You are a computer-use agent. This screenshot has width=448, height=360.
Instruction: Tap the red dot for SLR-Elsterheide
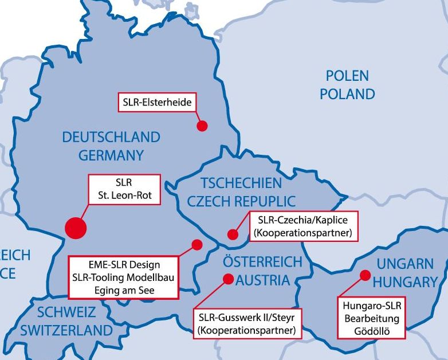tap(202, 126)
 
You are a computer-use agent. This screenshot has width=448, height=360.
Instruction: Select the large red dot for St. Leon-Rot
tap(76, 228)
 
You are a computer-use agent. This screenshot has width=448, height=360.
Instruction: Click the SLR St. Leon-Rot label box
tap(124, 190)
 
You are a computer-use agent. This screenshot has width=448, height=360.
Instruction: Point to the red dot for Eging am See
tap(197, 245)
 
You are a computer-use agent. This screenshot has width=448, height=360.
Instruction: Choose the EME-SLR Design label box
tap(124, 277)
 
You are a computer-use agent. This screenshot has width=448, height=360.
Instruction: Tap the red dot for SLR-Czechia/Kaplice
tap(233, 234)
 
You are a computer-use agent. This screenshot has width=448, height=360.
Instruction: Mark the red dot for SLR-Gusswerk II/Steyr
tap(228, 279)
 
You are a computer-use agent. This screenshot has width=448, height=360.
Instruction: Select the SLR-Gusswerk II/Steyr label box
tap(247, 324)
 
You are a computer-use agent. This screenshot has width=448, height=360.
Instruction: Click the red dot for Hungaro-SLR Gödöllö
tap(365, 275)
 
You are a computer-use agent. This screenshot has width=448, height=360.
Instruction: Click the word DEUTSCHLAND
tap(111, 138)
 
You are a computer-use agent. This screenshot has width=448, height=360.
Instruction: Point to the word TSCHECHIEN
tap(241, 183)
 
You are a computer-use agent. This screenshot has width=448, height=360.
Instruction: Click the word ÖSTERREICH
tap(262, 263)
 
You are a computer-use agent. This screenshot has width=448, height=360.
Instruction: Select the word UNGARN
tap(405, 264)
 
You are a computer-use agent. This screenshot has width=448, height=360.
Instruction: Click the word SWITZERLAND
tap(66, 331)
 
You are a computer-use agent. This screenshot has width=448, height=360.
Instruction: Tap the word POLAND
tap(347, 94)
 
